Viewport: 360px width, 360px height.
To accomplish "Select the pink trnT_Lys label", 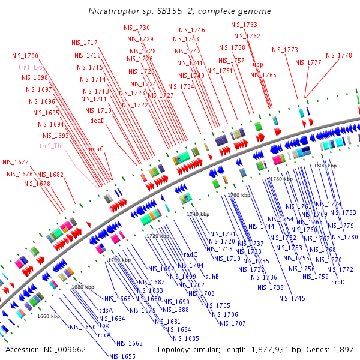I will coord(30,67).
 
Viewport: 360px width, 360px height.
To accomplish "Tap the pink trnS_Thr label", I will coord(52,146).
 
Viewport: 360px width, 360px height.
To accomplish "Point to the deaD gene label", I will coord(97,121).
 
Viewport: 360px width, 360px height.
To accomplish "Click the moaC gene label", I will coord(95,148).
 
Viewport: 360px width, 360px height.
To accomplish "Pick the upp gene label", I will coord(257,65).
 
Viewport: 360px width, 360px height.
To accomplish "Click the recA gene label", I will coord(104,335).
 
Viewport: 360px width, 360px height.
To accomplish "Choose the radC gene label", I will coord(191,254).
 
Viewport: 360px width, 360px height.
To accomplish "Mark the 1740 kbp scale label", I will coord(198,214).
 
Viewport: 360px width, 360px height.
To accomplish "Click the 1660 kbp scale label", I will coord(49,316).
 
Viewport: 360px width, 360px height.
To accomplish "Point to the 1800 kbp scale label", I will coord(325,165).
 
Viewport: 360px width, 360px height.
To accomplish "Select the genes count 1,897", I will coord(343,349).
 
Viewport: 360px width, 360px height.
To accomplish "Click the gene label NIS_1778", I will coord(339,55).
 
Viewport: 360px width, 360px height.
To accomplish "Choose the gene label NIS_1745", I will coord(292,298).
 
